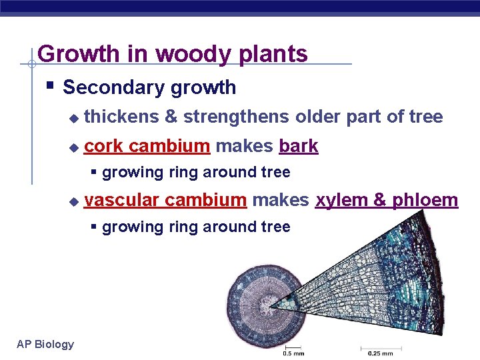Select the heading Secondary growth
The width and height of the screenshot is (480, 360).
click(149, 87)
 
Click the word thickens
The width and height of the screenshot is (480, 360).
click(121, 117)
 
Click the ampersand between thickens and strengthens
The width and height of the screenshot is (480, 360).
click(171, 117)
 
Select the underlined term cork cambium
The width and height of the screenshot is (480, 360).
click(147, 145)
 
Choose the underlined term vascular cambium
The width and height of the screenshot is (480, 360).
click(165, 200)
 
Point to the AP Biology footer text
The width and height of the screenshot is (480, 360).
click(45, 344)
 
